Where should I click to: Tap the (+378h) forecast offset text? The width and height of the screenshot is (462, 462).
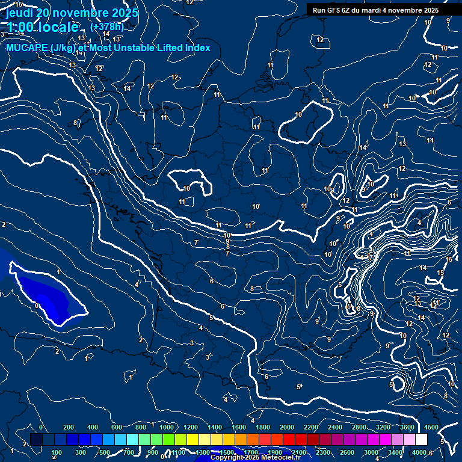click(x=107, y=26)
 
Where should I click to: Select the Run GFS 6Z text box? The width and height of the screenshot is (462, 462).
click(x=375, y=10)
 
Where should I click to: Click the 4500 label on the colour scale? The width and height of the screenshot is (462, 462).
click(x=431, y=427)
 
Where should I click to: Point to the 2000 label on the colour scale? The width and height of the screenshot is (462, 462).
click(x=287, y=427)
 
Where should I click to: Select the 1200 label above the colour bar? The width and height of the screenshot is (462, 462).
click(x=191, y=427)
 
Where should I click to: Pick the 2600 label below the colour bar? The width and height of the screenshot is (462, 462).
click(x=347, y=452)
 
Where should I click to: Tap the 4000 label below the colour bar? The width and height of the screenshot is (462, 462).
click(x=419, y=452)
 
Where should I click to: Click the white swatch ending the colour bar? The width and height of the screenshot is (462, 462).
click(x=421, y=440)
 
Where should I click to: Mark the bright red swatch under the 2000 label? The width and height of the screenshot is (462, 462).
click(x=289, y=440)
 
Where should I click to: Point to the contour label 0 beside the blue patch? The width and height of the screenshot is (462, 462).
click(x=37, y=306)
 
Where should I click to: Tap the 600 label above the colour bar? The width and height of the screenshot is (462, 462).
click(x=117, y=427)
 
